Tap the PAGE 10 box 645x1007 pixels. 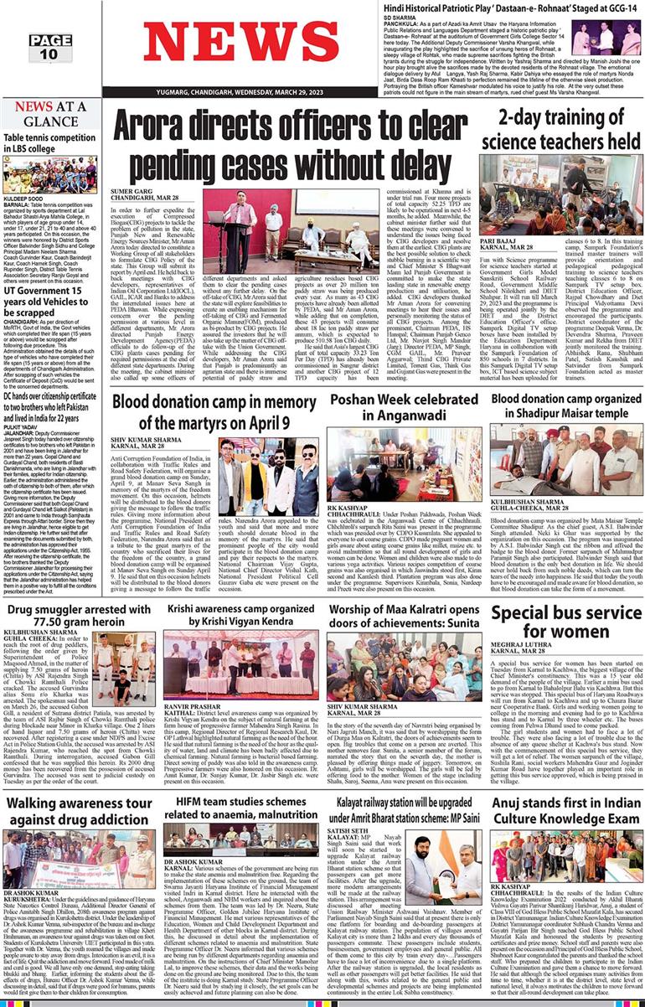point(49,48)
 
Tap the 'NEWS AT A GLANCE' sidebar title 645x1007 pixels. point(50,113)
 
